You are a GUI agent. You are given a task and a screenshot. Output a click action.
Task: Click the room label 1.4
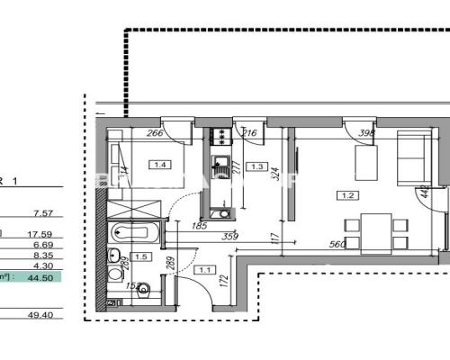161,165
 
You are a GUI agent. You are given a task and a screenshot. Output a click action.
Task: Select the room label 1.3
257,166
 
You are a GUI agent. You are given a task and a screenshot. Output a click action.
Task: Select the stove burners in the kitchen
218,137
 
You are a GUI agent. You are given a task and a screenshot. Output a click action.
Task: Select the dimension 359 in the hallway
230,238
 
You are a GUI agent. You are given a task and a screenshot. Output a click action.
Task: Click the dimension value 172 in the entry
224,292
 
